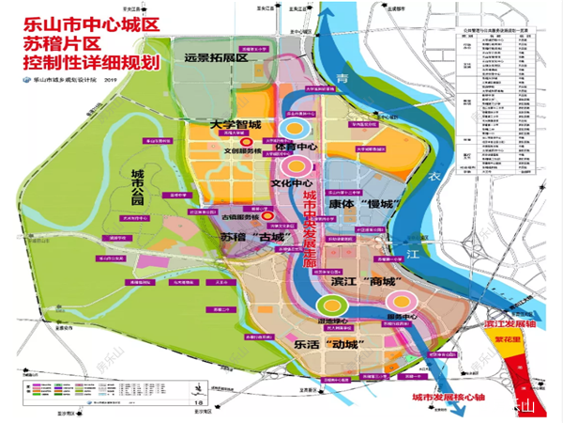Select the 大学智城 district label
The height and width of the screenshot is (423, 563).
[x=236, y=124]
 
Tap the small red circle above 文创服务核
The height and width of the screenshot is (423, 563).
[x=246, y=140]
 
